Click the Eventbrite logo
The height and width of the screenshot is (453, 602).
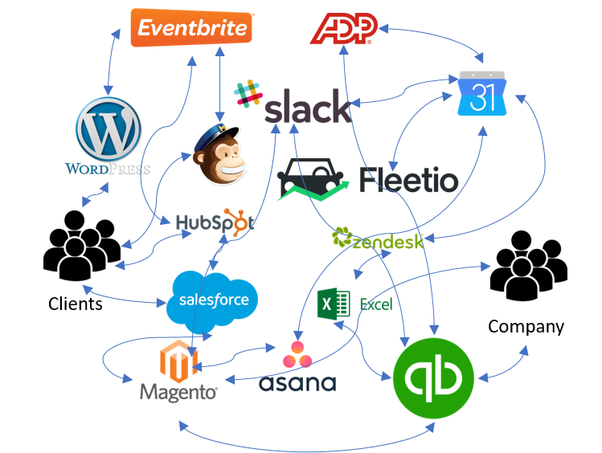pos(192,28)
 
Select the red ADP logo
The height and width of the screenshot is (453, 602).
pos(343,29)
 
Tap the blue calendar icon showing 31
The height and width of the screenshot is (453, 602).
pos(481,95)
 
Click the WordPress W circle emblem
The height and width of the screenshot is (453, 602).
pos(108,129)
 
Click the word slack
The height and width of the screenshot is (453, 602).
pos(307,108)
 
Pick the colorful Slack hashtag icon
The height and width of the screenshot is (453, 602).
pos(248,93)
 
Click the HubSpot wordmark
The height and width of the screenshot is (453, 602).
pos(215,222)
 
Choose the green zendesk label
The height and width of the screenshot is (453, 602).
pos(378,239)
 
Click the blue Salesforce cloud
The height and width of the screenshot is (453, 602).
pos(214,301)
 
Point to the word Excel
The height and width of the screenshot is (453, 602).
pos(375,304)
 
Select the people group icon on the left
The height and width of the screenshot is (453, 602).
pos(82,246)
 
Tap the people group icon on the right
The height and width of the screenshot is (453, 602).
pos(529,266)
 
